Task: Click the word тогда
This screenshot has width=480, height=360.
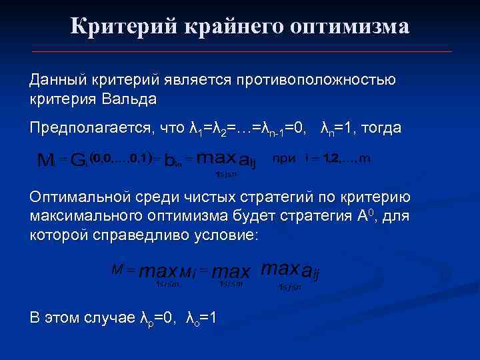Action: click(383, 127)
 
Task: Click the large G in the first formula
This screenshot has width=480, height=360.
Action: click(79, 160)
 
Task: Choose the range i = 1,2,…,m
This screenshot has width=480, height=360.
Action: click(338, 159)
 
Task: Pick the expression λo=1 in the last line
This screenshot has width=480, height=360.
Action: click(200, 318)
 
